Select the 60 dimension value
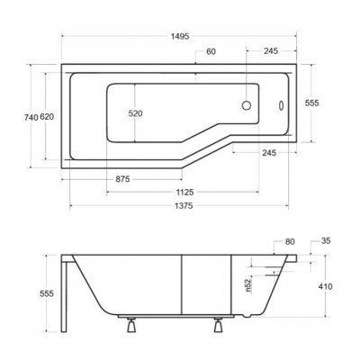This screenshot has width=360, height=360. tap(211, 51)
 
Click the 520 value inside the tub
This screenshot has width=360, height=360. tap(135, 114)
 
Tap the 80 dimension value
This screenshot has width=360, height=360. tap(290, 242)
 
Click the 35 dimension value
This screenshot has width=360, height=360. tap(326, 242)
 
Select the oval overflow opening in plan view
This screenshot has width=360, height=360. tap(278, 104)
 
